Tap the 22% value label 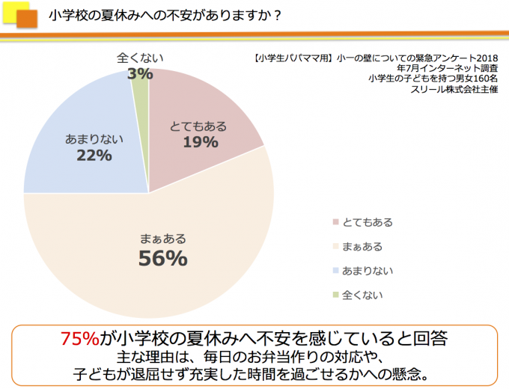pos(94,156)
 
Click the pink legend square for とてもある pos(334,221)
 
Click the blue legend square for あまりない pos(334,270)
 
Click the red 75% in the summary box pos(79,338)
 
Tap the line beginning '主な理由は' pos(254,355)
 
